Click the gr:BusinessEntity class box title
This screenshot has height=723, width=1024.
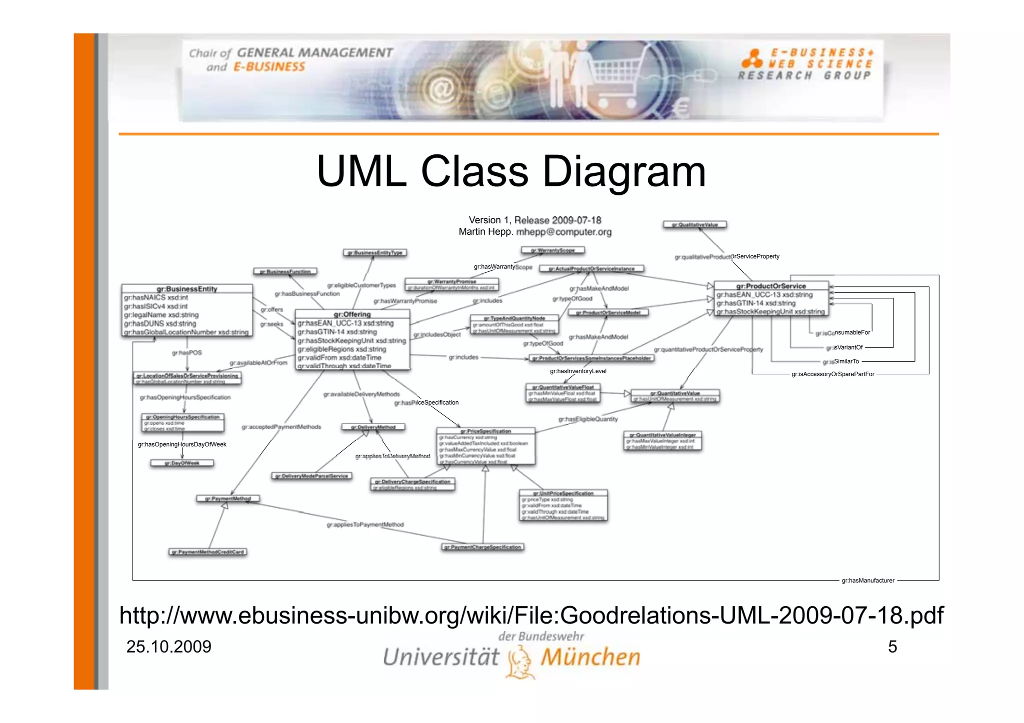tap(187, 289)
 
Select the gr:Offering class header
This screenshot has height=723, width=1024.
tap(352, 314)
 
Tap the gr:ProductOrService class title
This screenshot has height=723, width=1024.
tap(770, 286)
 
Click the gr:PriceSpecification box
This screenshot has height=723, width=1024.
tap(485, 446)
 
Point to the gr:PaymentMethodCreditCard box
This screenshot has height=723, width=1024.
tap(207, 552)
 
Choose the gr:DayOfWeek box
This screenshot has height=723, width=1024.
tap(182, 463)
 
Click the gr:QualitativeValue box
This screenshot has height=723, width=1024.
tap(694, 225)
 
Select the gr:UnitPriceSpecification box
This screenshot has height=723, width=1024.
tap(563, 505)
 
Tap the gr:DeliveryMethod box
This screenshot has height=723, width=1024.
tap(373, 427)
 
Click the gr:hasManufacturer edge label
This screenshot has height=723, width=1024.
tap(867, 581)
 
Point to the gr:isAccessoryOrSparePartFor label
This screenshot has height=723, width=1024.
tap(832, 374)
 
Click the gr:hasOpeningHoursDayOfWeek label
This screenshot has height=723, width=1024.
tap(182, 444)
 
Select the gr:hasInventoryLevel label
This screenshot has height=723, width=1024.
tap(578, 371)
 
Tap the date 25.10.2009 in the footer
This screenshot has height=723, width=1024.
tap(168, 647)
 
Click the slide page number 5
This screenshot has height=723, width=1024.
tap(892, 647)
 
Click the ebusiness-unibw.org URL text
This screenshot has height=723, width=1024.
tap(531, 615)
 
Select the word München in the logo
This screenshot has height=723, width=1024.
tap(590, 657)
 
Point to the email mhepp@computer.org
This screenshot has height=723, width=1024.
tap(563, 232)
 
